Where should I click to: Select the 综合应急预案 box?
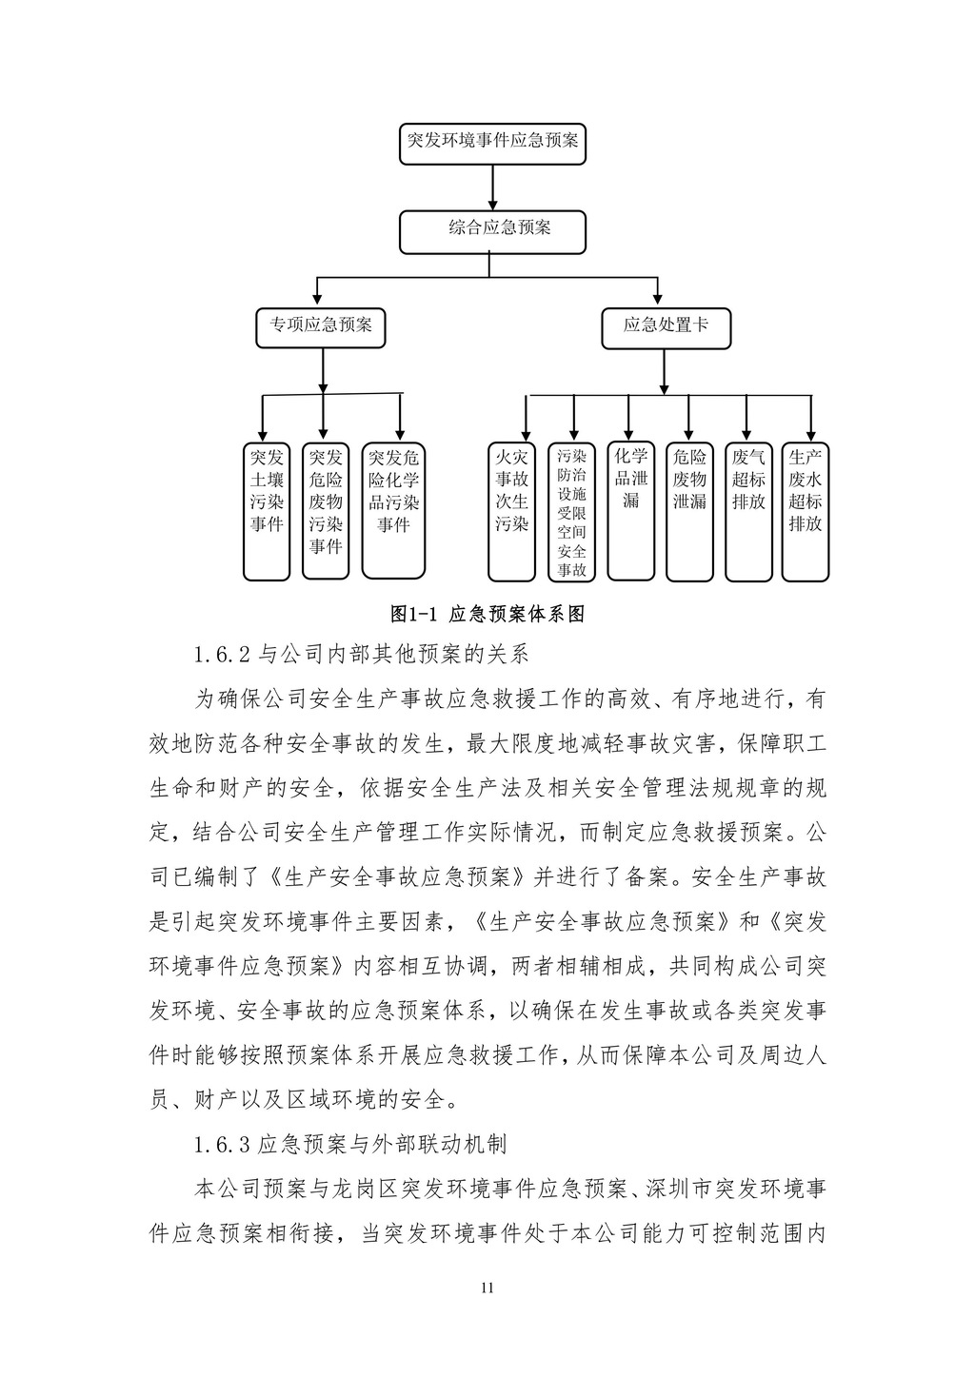[x=492, y=231]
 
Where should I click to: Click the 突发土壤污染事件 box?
[x=267, y=511]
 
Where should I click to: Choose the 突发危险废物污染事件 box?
[x=325, y=511]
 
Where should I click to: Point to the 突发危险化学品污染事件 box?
[x=393, y=511]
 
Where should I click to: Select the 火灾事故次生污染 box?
[x=511, y=511]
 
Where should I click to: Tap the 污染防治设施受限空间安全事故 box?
[x=571, y=511]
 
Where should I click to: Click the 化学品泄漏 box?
[x=630, y=511]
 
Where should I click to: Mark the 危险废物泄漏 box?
[x=689, y=511]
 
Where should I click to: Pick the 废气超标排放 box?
[x=748, y=511]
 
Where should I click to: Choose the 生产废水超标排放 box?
[x=806, y=511]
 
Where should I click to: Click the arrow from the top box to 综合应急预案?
[x=492, y=187]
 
